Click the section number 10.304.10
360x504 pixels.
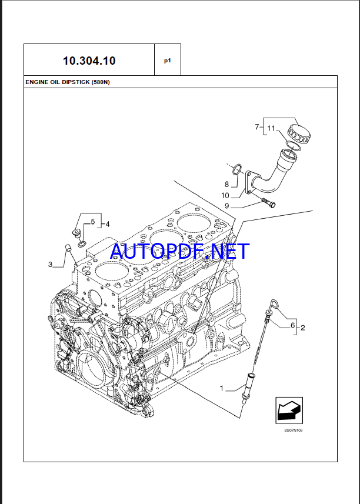click(x=89, y=60)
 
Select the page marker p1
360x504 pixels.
click(x=168, y=60)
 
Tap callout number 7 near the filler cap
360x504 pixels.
click(x=257, y=127)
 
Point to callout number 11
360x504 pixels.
click(x=271, y=128)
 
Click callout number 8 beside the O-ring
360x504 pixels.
click(x=226, y=183)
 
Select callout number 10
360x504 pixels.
click(x=225, y=195)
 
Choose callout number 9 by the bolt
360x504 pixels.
click(x=226, y=206)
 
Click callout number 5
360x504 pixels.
click(x=92, y=222)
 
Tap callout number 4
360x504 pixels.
click(x=106, y=223)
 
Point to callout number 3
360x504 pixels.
click(x=51, y=265)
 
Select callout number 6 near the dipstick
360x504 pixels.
click(x=292, y=325)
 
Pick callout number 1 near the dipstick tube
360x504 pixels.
click(x=222, y=388)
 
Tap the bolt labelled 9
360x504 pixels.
click(x=270, y=203)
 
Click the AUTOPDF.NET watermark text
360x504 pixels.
click(x=180, y=251)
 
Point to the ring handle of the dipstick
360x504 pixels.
click(x=274, y=304)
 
